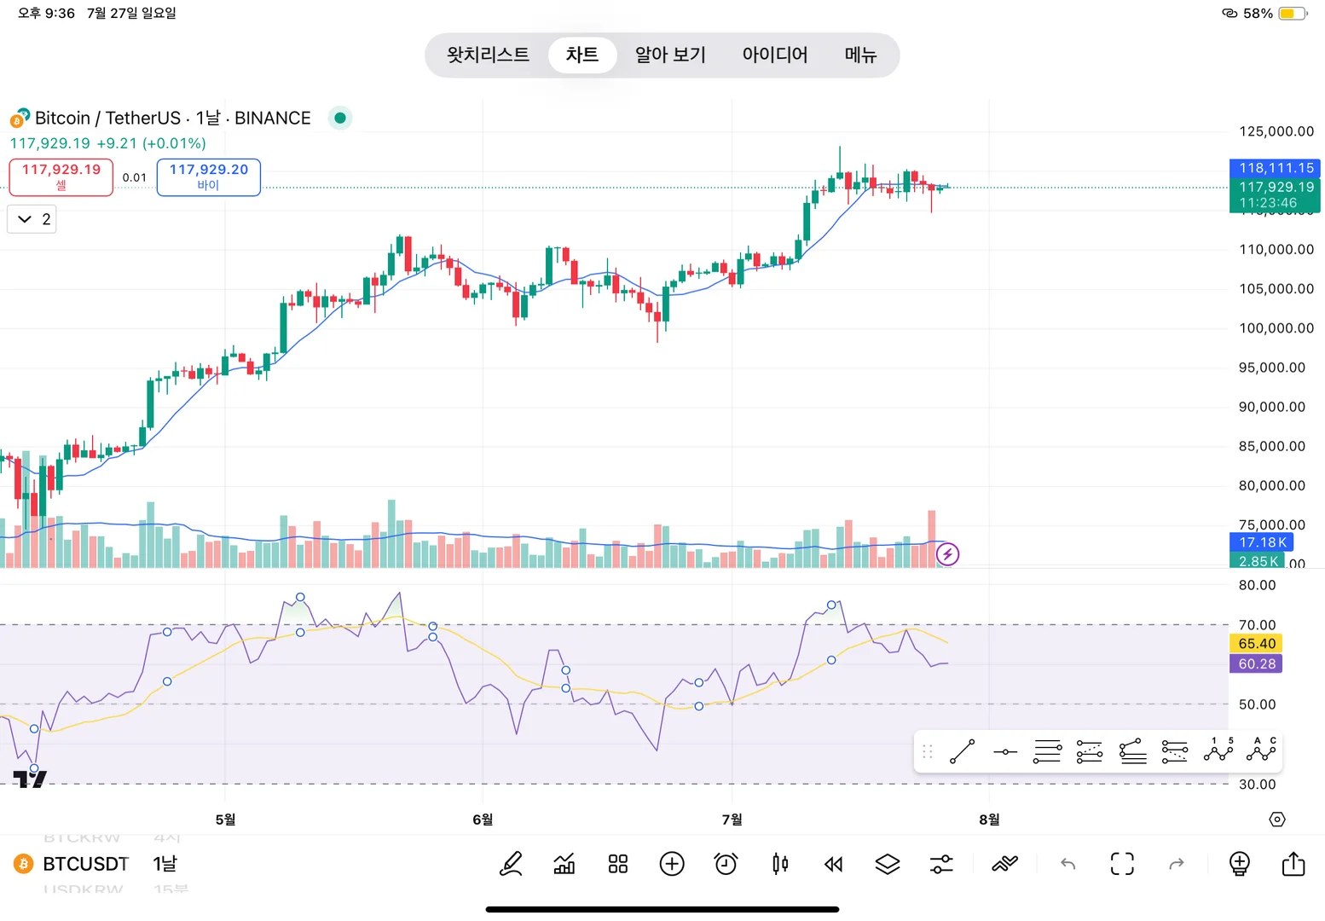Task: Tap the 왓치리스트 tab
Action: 488,55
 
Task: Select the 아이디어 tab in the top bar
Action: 774,55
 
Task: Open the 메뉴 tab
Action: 860,55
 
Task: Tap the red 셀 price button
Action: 61,177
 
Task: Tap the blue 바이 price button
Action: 209,177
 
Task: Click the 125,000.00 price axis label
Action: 1276,131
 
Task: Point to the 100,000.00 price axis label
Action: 1276,328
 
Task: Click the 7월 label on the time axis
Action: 732,820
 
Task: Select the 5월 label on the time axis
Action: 225,820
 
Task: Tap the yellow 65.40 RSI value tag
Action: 1257,644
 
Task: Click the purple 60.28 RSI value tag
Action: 1257,664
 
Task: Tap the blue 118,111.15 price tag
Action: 1276,168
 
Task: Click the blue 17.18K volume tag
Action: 1262,542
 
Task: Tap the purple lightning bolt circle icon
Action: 947,554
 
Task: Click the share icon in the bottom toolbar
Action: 1293,864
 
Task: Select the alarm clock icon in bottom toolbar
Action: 726,864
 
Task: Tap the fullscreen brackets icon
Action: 1122,864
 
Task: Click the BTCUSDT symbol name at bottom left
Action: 85,864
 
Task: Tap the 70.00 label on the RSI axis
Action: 1257,625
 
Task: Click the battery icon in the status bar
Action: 1292,14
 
